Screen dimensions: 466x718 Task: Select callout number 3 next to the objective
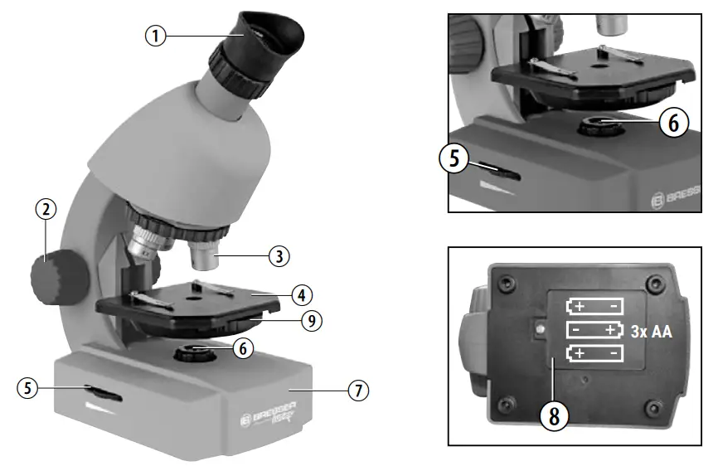pyautogui.click(x=279, y=256)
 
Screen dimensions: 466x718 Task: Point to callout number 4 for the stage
pyautogui.click(x=302, y=294)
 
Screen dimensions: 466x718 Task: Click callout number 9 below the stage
pyautogui.click(x=312, y=320)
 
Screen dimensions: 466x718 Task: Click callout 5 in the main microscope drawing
pyautogui.click(x=30, y=387)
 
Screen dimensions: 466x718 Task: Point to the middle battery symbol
pyautogui.click(x=594, y=330)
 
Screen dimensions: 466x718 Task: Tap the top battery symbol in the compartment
pyautogui.click(x=594, y=306)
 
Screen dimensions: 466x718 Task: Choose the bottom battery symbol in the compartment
pyautogui.click(x=594, y=355)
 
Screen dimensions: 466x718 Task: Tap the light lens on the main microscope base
pyautogui.click(x=196, y=352)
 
